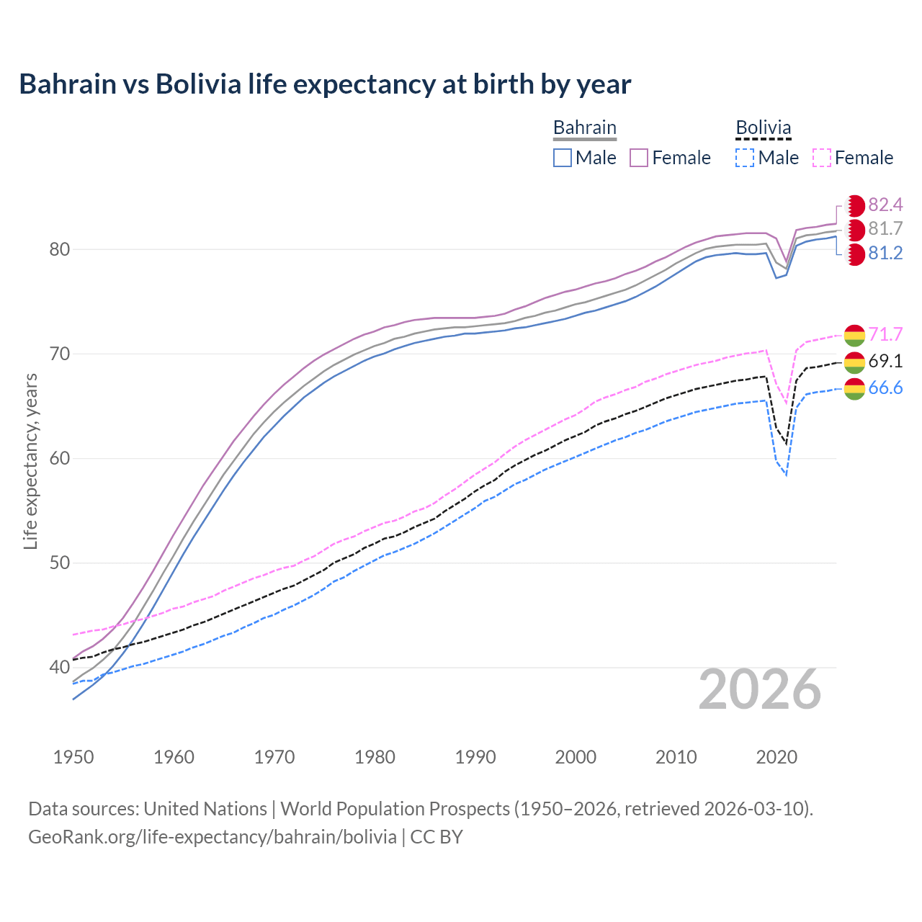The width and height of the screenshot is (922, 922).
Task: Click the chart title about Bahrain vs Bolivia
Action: click(x=325, y=84)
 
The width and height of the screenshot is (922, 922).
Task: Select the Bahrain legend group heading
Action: click(x=584, y=128)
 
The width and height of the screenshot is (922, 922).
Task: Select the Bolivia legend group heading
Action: click(x=763, y=128)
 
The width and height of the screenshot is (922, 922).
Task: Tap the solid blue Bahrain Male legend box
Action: click(x=563, y=158)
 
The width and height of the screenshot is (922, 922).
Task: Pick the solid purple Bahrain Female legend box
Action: click(x=639, y=158)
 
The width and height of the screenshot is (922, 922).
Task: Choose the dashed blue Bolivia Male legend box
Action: click(x=745, y=158)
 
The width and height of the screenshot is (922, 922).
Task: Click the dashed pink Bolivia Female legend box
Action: click(x=822, y=158)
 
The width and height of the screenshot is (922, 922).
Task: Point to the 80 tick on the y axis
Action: click(x=59, y=250)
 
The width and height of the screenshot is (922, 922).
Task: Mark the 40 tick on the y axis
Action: click(x=59, y=668)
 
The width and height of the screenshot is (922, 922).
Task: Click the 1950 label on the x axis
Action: click(x=73, y=757)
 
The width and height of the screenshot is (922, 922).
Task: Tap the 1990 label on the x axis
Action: click(x=475, y=757)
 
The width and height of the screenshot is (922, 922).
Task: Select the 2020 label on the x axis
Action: click(x=776, y=757)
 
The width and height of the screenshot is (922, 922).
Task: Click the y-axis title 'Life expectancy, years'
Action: click(x=30, y=461)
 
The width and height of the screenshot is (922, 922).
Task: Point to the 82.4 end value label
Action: click(x=885, y=205)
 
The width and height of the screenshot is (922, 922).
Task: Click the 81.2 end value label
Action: click(x=885, y=254)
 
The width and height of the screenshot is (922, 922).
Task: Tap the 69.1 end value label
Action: click(x=885, y=362)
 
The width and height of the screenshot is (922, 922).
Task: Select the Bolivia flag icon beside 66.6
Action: click(x=854, y=388)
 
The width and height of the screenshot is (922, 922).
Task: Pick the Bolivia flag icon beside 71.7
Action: click(x=854, y=335)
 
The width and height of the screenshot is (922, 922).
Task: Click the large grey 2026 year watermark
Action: click(x=760, y=690)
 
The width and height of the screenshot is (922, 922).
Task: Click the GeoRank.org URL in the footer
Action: click(x=212, y=837)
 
